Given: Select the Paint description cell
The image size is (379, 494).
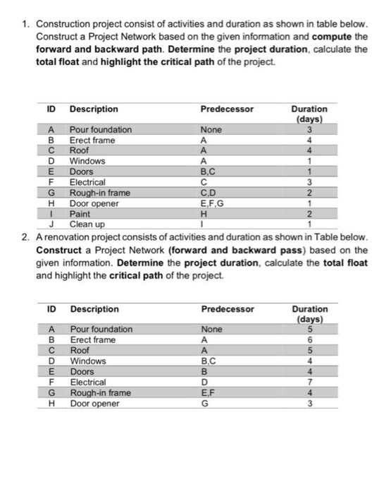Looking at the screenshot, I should [80, 214].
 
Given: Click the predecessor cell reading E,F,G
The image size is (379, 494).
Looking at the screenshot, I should [211, 203].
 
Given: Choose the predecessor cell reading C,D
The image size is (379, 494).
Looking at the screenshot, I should [209, 193].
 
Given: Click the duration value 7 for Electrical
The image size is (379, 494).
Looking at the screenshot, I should [309, 382].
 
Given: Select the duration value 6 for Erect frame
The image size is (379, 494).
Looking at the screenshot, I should [309, 339].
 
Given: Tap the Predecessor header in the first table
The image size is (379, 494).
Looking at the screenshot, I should [227, 109].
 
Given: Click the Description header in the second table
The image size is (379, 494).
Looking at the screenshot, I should [94, 308].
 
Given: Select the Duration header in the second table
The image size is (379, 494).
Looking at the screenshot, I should [309, 308].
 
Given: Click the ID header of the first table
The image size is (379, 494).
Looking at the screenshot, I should [51, 109].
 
